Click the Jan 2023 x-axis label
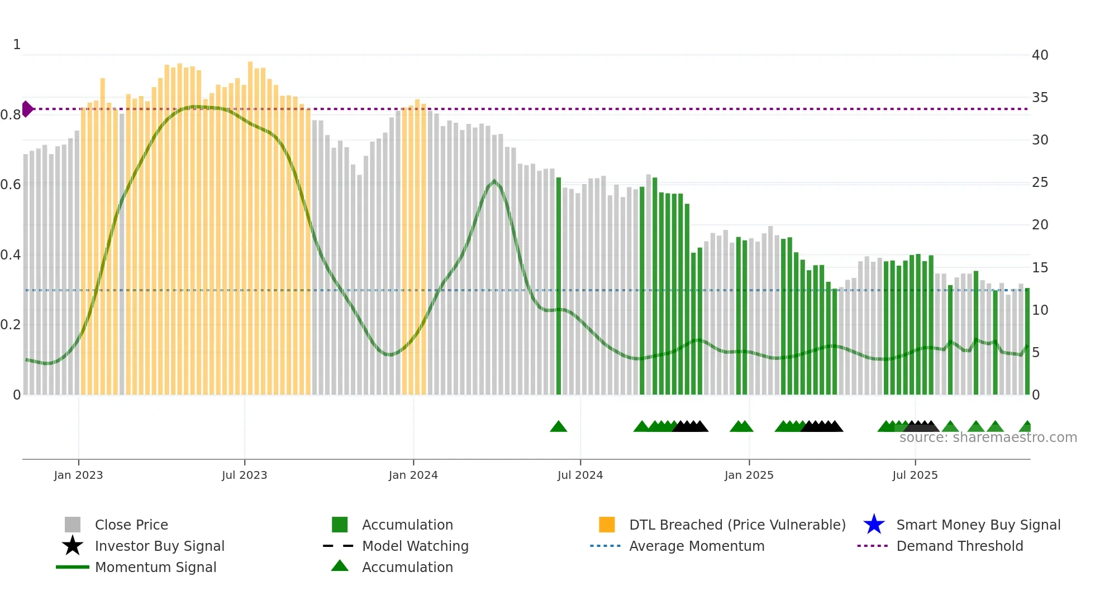point(78,475)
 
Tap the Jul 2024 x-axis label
point(580,475)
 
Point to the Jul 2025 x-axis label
point(915,475)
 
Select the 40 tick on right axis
point(1040,55)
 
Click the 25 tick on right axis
point(1040,182)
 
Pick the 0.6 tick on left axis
point(11,185)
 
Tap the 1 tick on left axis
point(17,45)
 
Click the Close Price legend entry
point(131,525)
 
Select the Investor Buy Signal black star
point(73,546)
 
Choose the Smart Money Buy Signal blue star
point(874,525)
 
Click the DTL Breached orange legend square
point(607,525)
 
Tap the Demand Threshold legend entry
point(959,546)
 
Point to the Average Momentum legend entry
point(696,546)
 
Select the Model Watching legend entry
point(415,546)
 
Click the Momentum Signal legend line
point(73,567)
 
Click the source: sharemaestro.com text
point(988,438)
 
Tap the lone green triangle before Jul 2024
point(558,427)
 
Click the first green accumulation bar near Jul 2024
point(558,286)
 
